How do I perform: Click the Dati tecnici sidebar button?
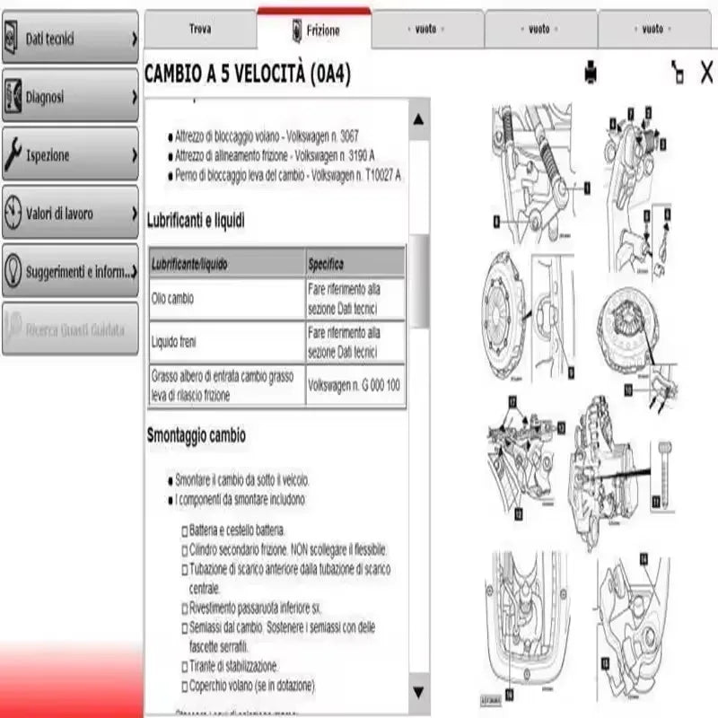70,39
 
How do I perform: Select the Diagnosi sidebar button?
70,96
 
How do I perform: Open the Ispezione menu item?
70,155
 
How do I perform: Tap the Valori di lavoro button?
70,214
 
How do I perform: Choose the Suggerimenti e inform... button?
70,270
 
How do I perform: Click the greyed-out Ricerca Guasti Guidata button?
70,329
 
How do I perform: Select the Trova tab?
200,29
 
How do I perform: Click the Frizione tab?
315,30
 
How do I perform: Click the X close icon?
707,71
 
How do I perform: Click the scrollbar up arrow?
418,118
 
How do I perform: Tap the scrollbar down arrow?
418,691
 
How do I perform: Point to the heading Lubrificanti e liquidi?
196,219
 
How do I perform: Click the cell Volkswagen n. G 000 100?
355,385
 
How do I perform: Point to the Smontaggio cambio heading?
196,435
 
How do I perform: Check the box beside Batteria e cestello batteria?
184,530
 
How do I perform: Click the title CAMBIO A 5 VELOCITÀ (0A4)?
247,75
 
